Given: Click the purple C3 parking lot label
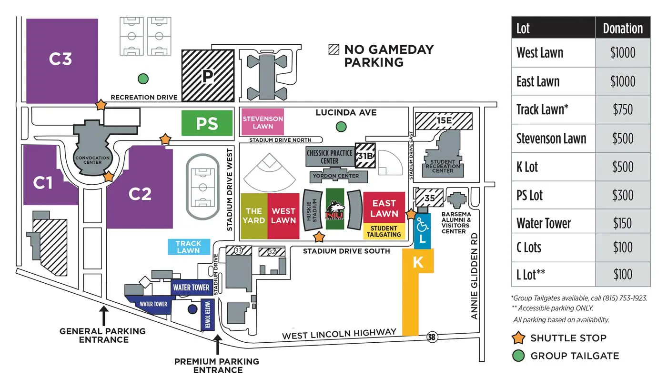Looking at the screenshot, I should click(x=61, y=59).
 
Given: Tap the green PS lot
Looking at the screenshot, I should click(x=207, y=123).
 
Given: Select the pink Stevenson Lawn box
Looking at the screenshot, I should click(x=263, y=122).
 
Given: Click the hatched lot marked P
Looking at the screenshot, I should click(x=208, y=76).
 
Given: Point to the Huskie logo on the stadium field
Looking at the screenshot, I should click(x=335, y=210).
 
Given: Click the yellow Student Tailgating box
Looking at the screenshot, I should click(x=384, y=231).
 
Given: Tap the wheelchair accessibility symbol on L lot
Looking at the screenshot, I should click(x=422, y=224).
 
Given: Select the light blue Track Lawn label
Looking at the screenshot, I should click(x=189, y=247).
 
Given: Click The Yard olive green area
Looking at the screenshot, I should click(x=254, y=216).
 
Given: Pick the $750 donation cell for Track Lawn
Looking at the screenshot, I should click(x=622, y=109).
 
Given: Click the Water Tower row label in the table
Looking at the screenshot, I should click(x=544, y=223).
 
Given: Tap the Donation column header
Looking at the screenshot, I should click(x=623, y=28).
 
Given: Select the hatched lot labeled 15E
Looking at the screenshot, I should click(x=444, y=121).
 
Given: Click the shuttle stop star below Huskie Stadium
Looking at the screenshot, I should click(x=319, y=237).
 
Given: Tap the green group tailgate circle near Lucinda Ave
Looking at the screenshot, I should click(x=341, y=127).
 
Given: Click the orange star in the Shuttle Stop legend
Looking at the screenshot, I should click(x=519, y=338).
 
